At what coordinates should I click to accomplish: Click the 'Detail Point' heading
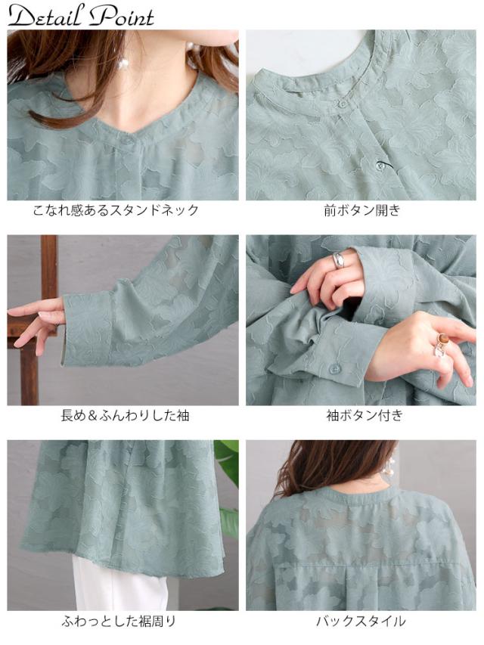81,16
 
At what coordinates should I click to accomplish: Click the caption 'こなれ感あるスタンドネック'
116,210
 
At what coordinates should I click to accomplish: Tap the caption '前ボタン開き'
361,210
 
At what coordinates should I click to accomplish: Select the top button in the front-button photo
342,103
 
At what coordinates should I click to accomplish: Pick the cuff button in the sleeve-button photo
334,369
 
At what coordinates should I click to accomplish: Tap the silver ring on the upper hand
340,261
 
